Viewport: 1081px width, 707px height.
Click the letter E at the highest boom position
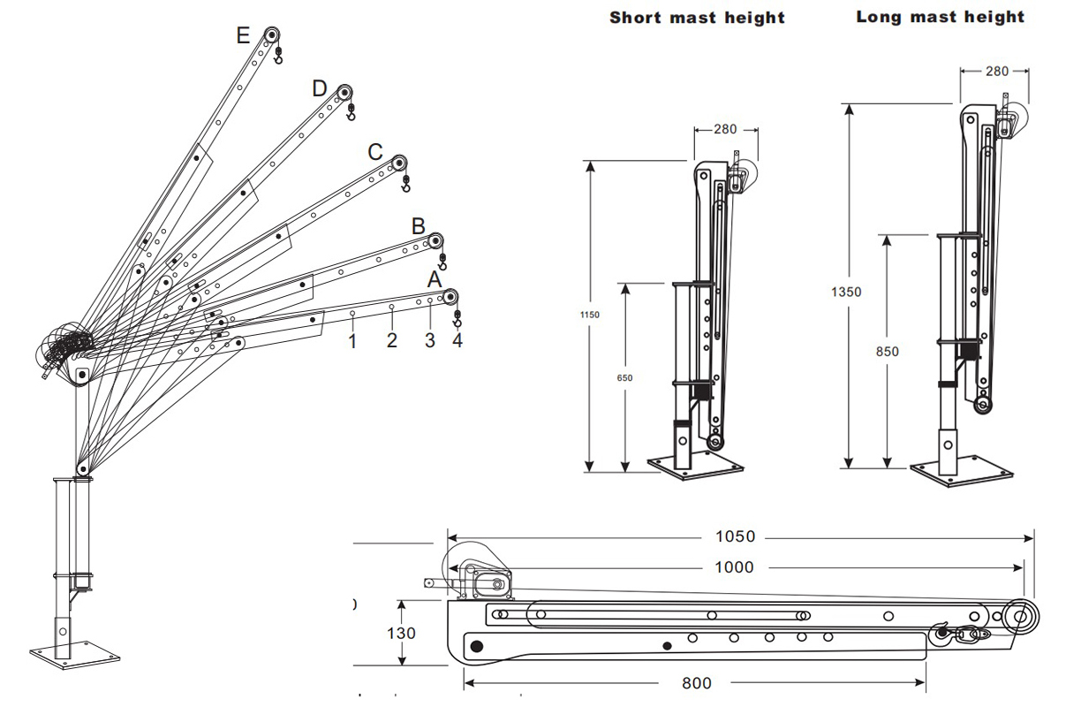(244, 35)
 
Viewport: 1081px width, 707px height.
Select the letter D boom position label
(319, 88)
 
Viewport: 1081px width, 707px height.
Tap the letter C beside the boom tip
(375, 152)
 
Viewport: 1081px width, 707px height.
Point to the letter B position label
(419, 225)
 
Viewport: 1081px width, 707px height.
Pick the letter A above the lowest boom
(434, 279)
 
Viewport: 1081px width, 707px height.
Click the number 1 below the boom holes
(352, 341)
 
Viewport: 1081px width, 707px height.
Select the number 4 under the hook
(457, 341)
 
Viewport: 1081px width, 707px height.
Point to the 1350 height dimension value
(846, 291)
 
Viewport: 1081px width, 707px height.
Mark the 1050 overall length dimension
(735, 536)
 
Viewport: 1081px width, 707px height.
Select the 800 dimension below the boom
(696, 682)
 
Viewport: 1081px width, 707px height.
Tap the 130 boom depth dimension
(401, 633)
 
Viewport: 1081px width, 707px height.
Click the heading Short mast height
(697, 18)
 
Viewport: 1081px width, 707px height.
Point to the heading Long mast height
(941, 17)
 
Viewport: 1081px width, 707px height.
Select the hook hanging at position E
(278, 57)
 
